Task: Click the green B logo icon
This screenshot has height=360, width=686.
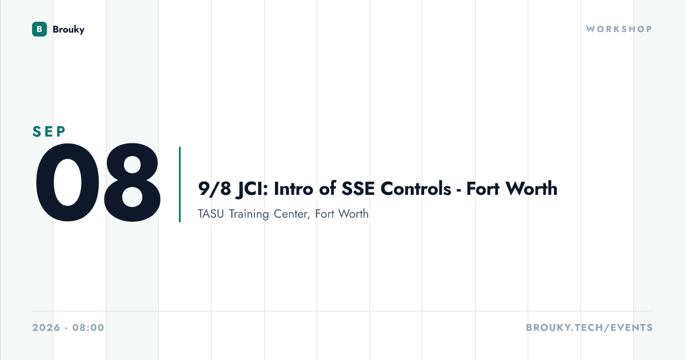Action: [39, 29]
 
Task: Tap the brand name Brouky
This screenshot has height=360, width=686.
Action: [69, 29]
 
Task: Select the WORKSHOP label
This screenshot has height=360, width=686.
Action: [619, 29]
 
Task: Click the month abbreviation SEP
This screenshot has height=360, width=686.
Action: [49, 131]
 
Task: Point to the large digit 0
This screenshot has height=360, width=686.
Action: [67, 182]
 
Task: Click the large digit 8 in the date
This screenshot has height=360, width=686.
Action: [132, 182]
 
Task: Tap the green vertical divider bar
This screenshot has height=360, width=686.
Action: [180, 184]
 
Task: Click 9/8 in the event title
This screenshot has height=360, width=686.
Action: [214, 189]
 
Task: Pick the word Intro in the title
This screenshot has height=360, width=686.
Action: [293, 189]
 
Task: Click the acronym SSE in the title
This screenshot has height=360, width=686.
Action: [358, 189]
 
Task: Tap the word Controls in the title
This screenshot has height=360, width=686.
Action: [416, 188]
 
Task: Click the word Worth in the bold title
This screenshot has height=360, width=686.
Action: [532, 188]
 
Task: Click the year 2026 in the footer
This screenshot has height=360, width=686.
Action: [46, 327]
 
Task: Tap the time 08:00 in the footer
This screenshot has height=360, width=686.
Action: [88, 327]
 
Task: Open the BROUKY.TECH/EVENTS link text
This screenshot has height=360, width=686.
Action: [589, 327]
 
